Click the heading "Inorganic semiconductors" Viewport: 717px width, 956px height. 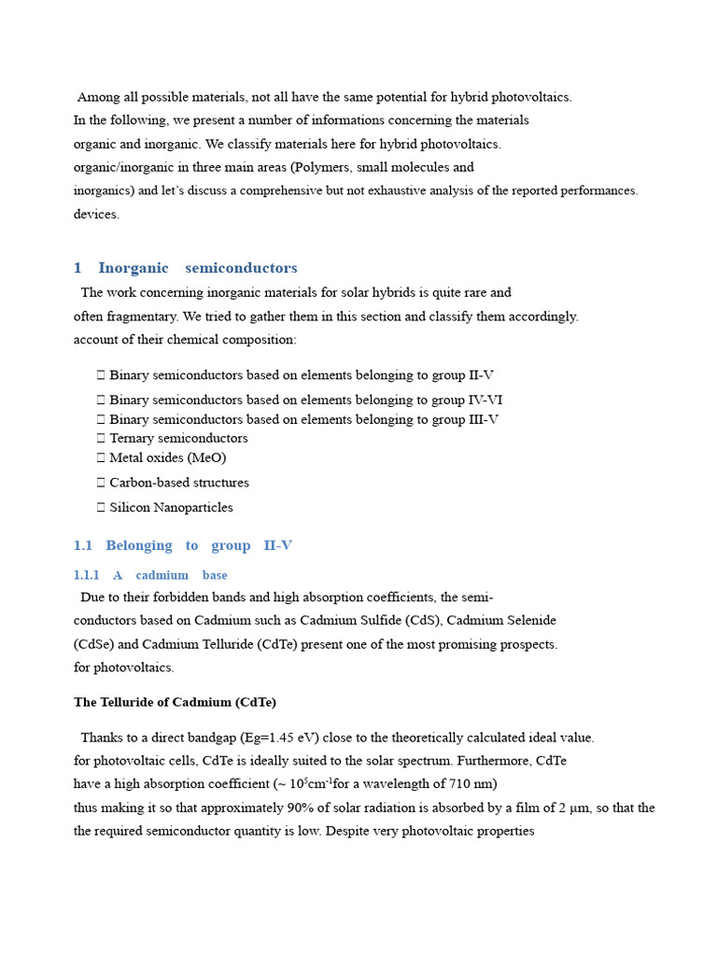[x=197, y=268]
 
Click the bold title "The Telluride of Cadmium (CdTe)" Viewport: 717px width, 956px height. [x=175, y=702]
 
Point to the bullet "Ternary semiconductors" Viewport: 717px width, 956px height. [x=178, y=438]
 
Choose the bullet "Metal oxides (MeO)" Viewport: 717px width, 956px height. [x=167, y=457]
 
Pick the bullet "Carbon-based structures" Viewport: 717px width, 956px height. [x=179, y=483]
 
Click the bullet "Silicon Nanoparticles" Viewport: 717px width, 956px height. [x=171, y=508]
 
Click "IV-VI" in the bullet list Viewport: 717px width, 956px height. [x=485, y=400]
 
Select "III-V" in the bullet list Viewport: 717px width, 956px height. [x=483, y=419]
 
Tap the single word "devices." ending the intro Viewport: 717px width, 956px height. [x=97, y=214]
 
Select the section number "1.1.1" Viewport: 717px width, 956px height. [x=87, y=575]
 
